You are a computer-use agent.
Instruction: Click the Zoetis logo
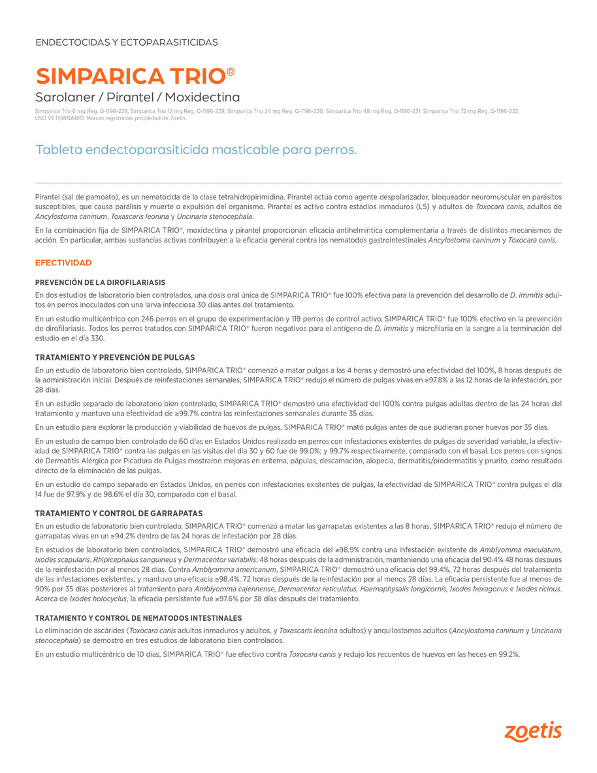point(532,731)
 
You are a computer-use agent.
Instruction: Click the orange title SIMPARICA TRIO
point(131,76)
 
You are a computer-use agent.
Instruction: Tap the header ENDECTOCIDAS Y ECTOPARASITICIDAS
point(126,42)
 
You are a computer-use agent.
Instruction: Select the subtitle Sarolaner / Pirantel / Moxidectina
point(137,97)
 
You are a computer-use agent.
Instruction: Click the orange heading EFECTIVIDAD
point(63,263)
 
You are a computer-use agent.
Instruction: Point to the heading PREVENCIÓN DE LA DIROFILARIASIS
point(100,282)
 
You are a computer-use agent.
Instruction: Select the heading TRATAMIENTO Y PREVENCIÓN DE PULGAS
point(115,357)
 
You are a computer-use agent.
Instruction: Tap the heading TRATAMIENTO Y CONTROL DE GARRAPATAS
point(119,514)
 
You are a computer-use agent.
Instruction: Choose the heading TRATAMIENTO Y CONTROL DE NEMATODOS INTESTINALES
point(138,618)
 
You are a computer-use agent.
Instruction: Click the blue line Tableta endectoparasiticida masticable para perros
point(196,150)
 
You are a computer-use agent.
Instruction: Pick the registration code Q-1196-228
point(114,112)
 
